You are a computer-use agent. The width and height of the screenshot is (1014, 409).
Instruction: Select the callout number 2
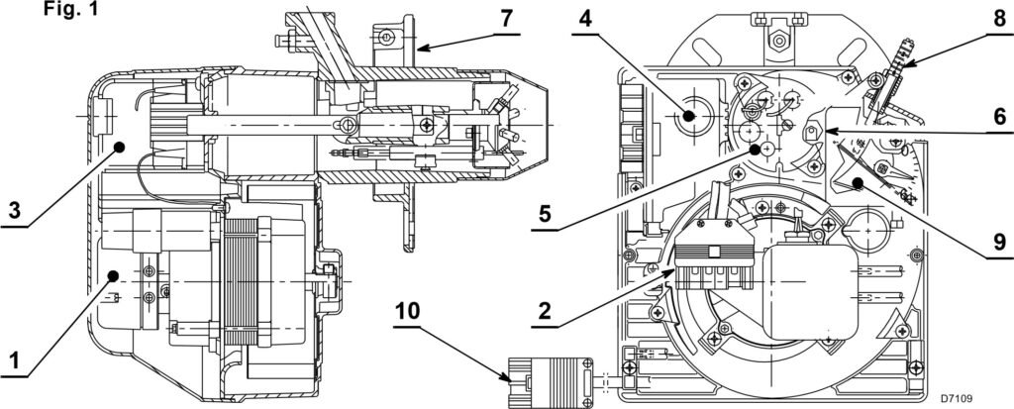coord(545,311)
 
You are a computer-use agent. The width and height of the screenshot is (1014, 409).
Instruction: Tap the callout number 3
coord(14,212)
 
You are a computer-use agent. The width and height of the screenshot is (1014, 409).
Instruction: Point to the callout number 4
coord(585,18)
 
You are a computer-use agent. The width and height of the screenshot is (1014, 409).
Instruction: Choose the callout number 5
coord(545,214)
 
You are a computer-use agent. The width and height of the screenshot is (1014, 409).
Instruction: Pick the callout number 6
coord(1000,117)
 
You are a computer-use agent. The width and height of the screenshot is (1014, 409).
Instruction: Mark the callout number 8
coord(1000,18)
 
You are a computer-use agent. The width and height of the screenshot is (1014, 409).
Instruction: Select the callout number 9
coord(1000,243)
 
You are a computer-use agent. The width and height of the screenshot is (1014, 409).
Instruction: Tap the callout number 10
coord(407,311)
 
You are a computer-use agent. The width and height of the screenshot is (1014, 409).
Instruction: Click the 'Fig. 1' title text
coord(71,9)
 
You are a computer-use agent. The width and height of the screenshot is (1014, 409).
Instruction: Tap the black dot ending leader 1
coord(113,275)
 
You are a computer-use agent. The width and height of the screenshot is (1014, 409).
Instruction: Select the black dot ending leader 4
coord(688,117)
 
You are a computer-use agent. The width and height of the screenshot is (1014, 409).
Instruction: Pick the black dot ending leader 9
coord(858,183)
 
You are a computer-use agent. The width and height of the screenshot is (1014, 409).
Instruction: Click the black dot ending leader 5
coord(754,150)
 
